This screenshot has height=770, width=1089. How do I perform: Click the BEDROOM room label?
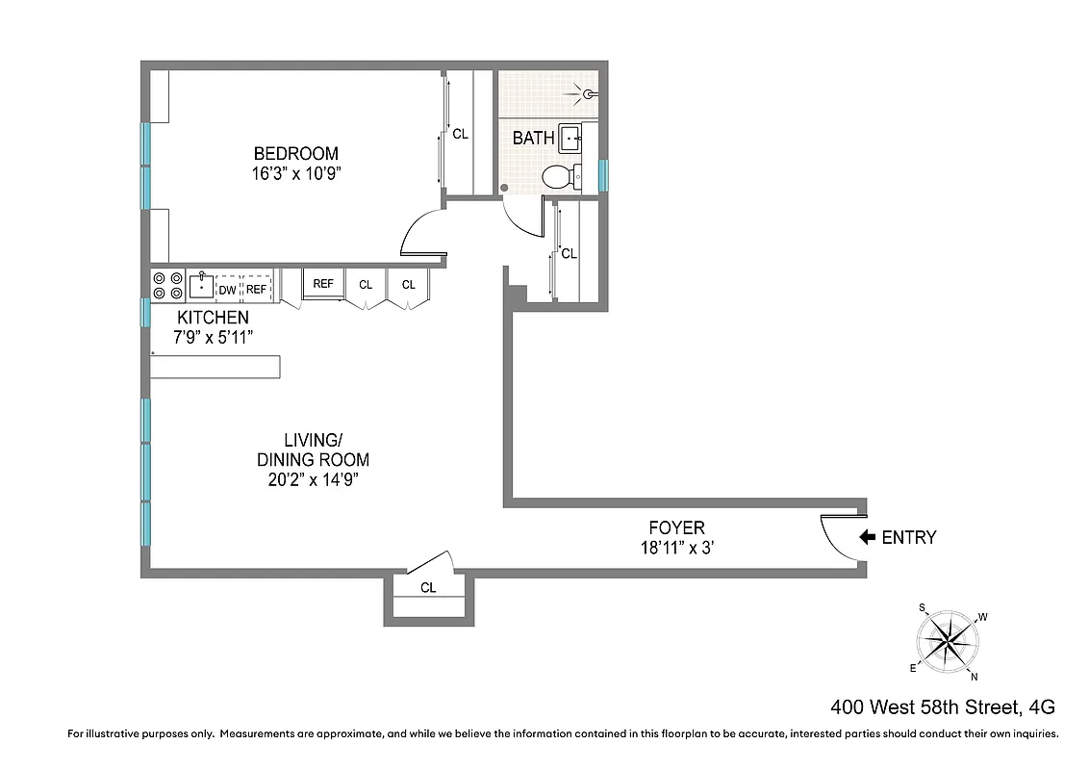coord(296,153)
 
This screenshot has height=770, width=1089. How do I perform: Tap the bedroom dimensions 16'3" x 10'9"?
coord(296,174)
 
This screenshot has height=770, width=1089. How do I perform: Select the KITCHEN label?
coord(213,317)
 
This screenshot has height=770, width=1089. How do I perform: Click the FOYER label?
coord(676,527)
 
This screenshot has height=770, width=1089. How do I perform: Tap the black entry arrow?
coord(866,537)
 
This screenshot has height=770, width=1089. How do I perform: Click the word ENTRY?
coord(908,538)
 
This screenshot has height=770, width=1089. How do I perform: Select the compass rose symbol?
coord(949,638)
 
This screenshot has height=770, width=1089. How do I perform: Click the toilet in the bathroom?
coord(559,176)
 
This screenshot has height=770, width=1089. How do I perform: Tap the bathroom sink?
coord(570,139)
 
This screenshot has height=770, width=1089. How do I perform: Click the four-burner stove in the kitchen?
coord(167,286)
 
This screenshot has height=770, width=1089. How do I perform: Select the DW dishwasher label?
coord(228,289)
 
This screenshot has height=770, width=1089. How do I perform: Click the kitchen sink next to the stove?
coord(201,286)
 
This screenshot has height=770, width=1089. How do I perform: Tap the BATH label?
coord(533,139)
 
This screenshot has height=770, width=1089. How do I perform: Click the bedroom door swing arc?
coord(419,235)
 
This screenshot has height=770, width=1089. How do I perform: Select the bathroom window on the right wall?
coord(603,175)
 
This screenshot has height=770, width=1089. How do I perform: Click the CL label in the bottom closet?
coord(428,587)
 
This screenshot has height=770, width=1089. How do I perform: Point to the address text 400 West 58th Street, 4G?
coord(944,707)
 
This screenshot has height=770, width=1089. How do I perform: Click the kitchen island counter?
coord(215,367)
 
